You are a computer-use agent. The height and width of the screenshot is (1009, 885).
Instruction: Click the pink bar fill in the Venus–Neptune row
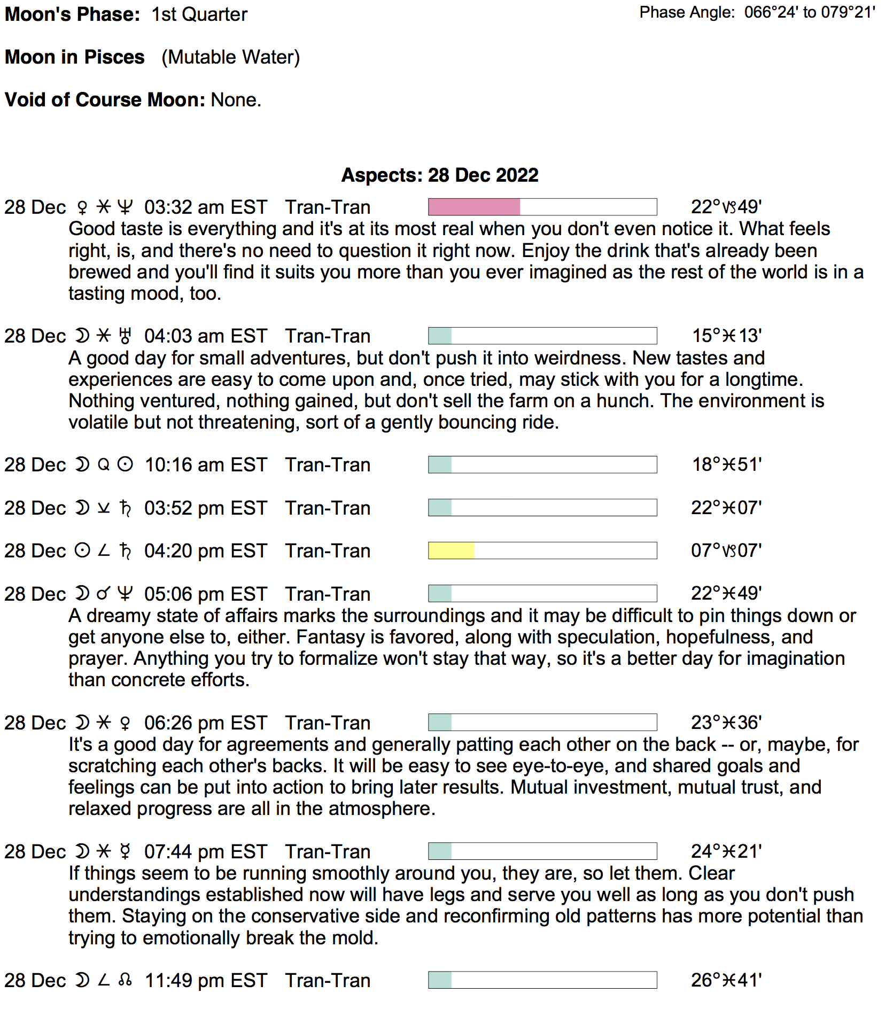point(474,207)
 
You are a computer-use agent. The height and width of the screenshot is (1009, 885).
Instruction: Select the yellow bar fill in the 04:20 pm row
point(451,550)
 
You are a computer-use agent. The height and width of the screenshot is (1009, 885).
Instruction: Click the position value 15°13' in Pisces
point(726,336)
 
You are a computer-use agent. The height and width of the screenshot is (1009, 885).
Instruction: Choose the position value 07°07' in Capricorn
point(726,550)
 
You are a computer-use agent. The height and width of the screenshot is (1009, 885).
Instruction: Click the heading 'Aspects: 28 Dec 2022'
point(440,175)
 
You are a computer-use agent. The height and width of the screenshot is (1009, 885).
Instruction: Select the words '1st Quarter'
point(199,14)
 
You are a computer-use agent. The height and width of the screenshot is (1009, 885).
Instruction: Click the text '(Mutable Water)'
point(231,57)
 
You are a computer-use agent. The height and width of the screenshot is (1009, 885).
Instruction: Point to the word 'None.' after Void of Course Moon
point(236,100)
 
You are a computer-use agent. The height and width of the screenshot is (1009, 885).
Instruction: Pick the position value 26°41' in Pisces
point(726,980)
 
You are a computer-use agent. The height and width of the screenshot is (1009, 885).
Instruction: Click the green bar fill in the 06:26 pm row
point(440,723)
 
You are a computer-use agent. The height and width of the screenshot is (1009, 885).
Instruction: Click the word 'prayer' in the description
point(98,659)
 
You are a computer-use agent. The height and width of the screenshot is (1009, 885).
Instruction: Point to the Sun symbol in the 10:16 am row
point(125,465)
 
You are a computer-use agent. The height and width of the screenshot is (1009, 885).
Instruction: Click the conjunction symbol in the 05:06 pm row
point(104,594)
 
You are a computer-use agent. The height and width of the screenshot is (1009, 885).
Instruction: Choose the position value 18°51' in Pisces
point(726,465)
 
